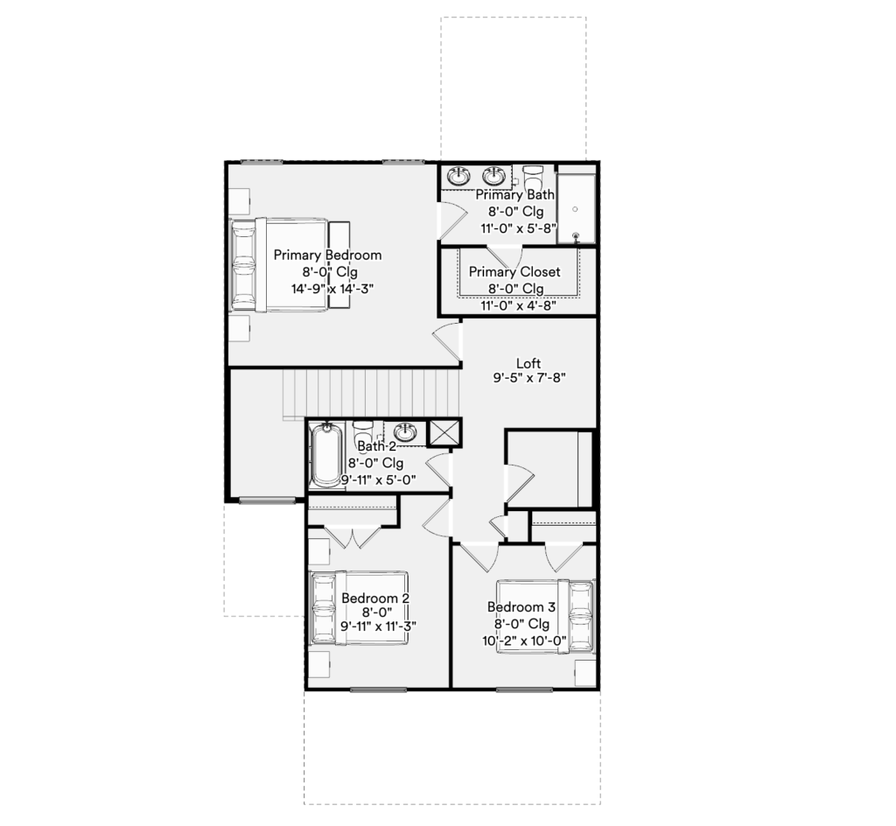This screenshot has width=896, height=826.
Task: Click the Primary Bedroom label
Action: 327,255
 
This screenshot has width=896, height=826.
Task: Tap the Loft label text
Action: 528,363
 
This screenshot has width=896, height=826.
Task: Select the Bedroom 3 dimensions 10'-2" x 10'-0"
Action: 525,640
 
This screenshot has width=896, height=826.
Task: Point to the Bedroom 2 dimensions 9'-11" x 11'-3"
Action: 378,626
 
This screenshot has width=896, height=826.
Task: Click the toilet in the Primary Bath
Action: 533,177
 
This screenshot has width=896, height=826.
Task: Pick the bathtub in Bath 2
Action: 326,455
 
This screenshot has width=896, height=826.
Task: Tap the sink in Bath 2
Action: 405,432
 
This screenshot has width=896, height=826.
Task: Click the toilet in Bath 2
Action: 363,433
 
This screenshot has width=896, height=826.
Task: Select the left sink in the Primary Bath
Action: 458,177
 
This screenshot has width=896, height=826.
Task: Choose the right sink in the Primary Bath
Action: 493,177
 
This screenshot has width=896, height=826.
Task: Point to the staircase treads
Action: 371,394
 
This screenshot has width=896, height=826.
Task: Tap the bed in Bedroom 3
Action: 546,616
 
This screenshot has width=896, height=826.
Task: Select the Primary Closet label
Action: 514,272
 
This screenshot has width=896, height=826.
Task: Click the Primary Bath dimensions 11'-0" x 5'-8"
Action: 519,228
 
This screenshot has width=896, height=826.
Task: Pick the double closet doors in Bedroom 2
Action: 353,538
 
